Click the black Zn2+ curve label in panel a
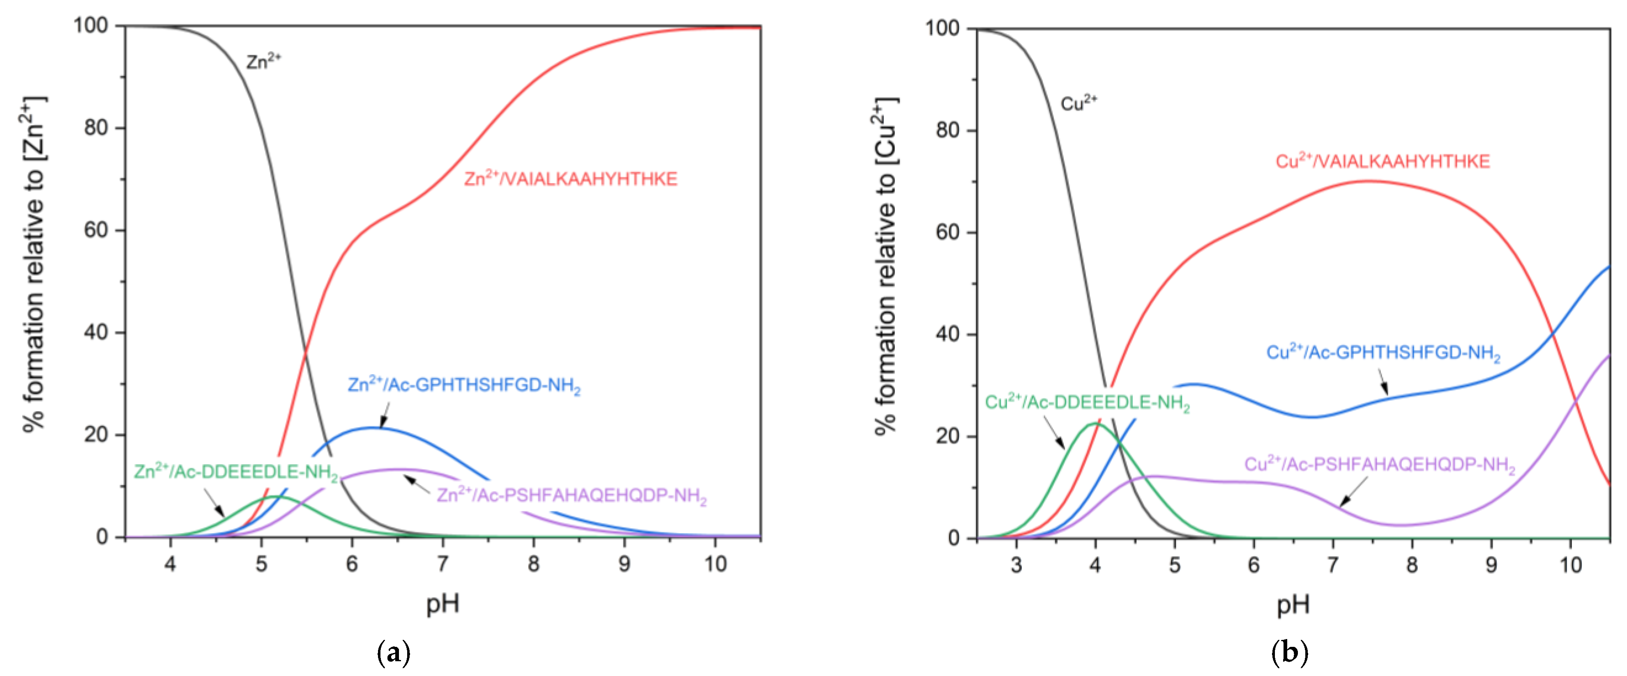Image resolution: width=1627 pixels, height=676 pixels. [263, 61]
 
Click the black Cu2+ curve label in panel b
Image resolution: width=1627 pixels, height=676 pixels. [1078, 103]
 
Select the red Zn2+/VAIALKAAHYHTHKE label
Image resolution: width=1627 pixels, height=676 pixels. [570, 179]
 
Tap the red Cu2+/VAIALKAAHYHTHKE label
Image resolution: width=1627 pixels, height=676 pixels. [1382, 162]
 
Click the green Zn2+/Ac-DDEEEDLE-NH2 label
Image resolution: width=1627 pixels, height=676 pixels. [235, 472]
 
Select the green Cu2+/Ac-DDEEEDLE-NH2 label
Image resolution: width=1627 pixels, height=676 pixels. [1087, 403]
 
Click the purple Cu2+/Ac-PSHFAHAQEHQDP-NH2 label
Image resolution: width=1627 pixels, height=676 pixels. [1379, 465]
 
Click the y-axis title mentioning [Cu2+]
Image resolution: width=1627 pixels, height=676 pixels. [887, 265]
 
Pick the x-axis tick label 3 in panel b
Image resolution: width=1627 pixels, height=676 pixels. [1016, 564]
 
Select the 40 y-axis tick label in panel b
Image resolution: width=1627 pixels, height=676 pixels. [947, 334]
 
